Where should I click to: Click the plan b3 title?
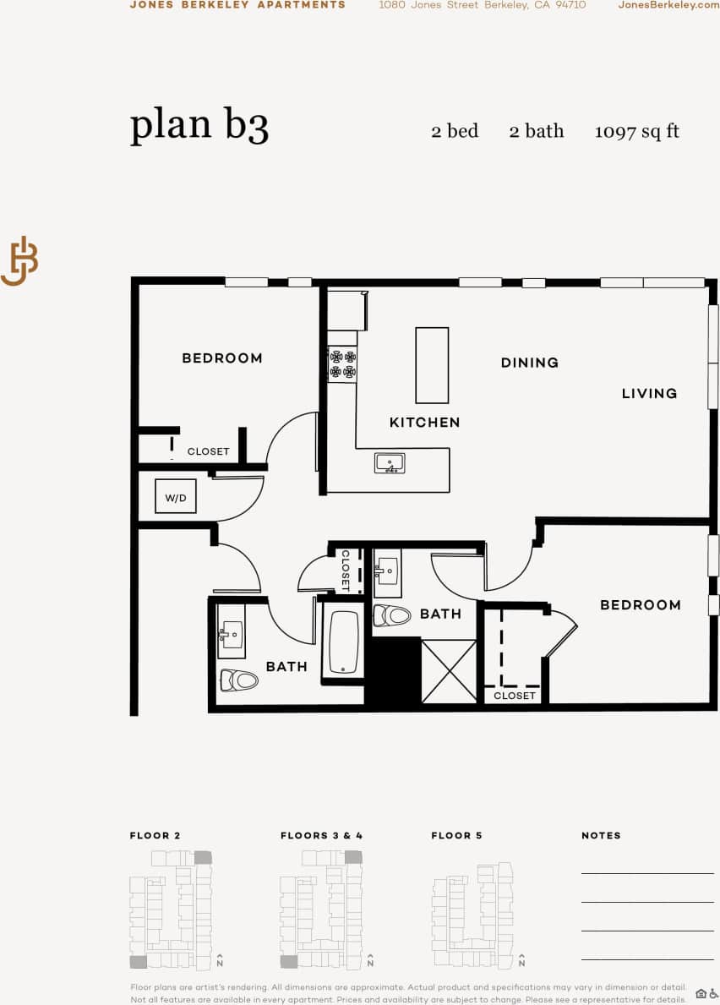(199, 125)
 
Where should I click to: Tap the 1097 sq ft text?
(636, 131)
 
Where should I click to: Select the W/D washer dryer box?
(176, 497)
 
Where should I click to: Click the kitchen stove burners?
(342, 364)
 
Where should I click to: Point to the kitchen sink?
(390, 464)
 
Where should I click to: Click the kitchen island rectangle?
(432, 365)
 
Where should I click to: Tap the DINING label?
(529, 363)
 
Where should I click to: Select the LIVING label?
(649, 393)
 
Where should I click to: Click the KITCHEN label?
(424, 423)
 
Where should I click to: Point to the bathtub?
(344, 642)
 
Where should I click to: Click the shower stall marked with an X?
(449, 672)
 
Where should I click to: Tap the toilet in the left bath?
(238, 680)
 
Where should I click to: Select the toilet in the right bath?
(391, 615)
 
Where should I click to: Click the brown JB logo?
(19, 261)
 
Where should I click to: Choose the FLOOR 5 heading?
(456, 835)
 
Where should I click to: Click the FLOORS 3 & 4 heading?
(321, 835)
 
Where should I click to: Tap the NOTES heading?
(601, 835)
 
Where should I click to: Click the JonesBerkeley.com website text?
(668, 5)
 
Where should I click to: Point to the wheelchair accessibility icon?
(713, 993)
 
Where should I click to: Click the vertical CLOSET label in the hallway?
(345, 570)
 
